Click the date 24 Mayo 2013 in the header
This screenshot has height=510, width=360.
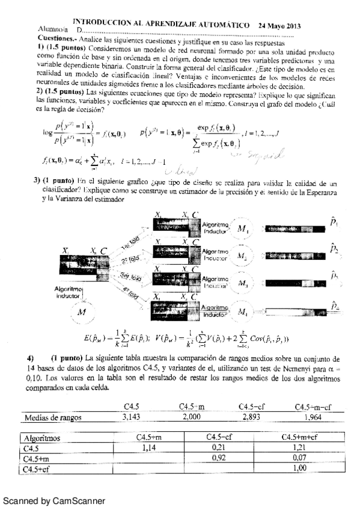point(279,26)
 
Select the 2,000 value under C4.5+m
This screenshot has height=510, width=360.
point(193,416)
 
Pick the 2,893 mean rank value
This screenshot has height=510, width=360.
point(254,416)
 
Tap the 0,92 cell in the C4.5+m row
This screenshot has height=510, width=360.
point(222,458)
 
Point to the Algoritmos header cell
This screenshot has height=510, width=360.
point(43,437)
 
